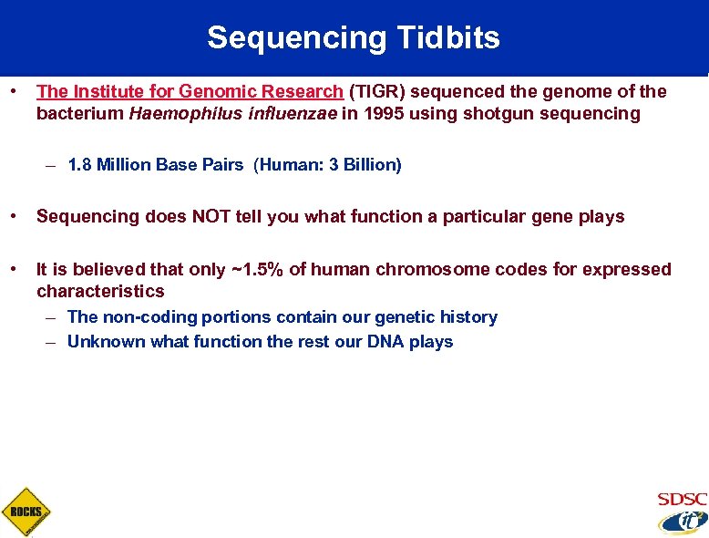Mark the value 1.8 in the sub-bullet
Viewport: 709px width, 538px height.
[79, 165]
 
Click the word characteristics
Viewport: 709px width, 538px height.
[100, 291]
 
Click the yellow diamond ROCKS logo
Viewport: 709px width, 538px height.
[26, 512]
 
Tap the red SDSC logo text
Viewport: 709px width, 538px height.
[682, 499]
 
